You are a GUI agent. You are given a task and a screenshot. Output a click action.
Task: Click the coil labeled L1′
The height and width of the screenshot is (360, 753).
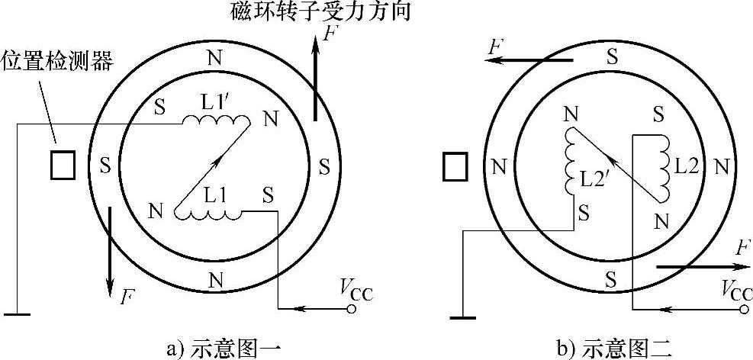[x=217, y=122]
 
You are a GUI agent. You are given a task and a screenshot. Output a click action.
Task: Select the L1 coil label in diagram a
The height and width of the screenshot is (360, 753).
[x=215, y=195]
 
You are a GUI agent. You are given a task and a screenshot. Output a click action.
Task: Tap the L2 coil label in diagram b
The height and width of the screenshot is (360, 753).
[x=689, y=165]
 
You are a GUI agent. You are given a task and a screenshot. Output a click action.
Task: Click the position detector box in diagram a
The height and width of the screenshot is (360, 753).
[x=63, y=165]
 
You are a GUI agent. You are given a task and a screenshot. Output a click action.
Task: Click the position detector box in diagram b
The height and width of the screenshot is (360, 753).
[x=455, y=166]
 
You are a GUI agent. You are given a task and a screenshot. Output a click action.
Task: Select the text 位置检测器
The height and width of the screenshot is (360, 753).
[x=58, y=60]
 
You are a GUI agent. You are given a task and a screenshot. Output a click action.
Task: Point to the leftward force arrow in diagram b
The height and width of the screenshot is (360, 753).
[x=530, y=59]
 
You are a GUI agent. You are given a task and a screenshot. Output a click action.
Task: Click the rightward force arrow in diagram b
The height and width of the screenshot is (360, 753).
[x=702, y=268]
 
